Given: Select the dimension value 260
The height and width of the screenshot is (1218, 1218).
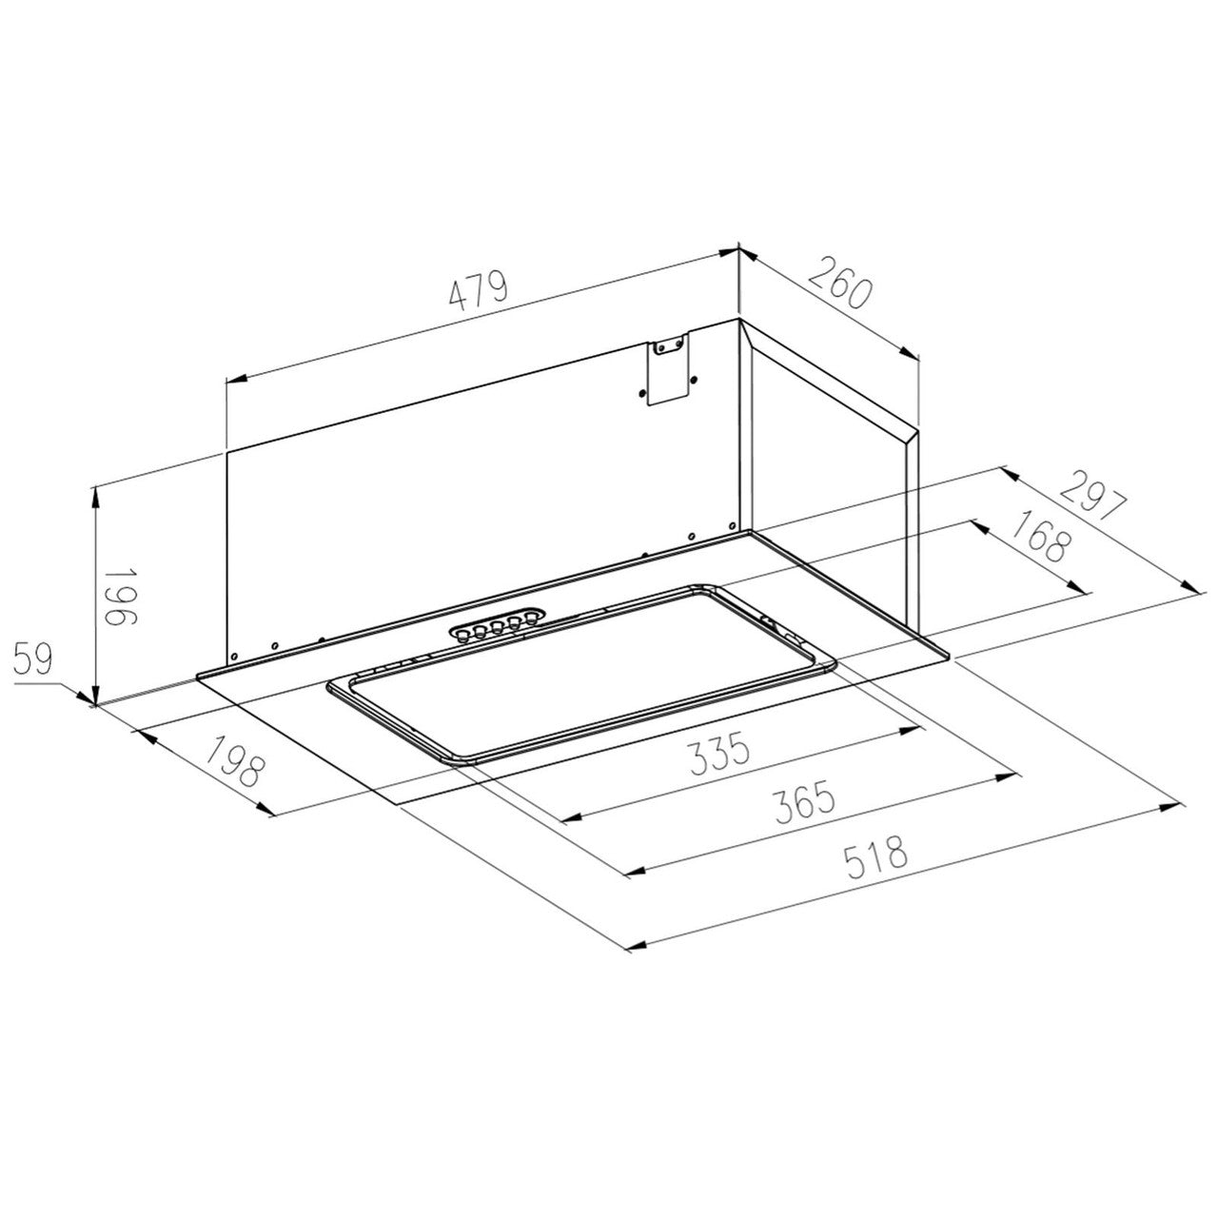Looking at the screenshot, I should pyautogui.click(x=839, y=281).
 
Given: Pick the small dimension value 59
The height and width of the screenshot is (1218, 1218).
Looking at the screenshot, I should pyautogui.click(x=36, y=658).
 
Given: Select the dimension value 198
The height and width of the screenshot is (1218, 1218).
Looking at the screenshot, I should pyautogui.click(x=231, y=761).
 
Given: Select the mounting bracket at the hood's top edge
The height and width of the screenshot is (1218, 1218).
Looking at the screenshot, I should pyautogui.click(x=669, y=371).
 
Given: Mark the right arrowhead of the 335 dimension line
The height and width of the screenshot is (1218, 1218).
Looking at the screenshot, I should pyautogui.click(x=913, y=730).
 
